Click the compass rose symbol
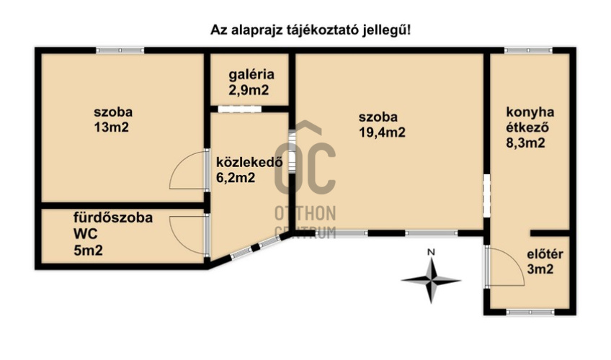click(x=430, y=280)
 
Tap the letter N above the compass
click(x=430, y=252)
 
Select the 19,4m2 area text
click(x=382, y=132)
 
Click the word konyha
click(x=530, y=112)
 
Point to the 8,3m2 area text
click(x=525, y=143)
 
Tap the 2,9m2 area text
click(x=249, y=90)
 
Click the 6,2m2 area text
click(x=236, y=179)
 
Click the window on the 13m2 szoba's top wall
click(x=120, y=50)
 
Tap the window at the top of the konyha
click(x=527, y=50)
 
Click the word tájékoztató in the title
click(x=317, y=30)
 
